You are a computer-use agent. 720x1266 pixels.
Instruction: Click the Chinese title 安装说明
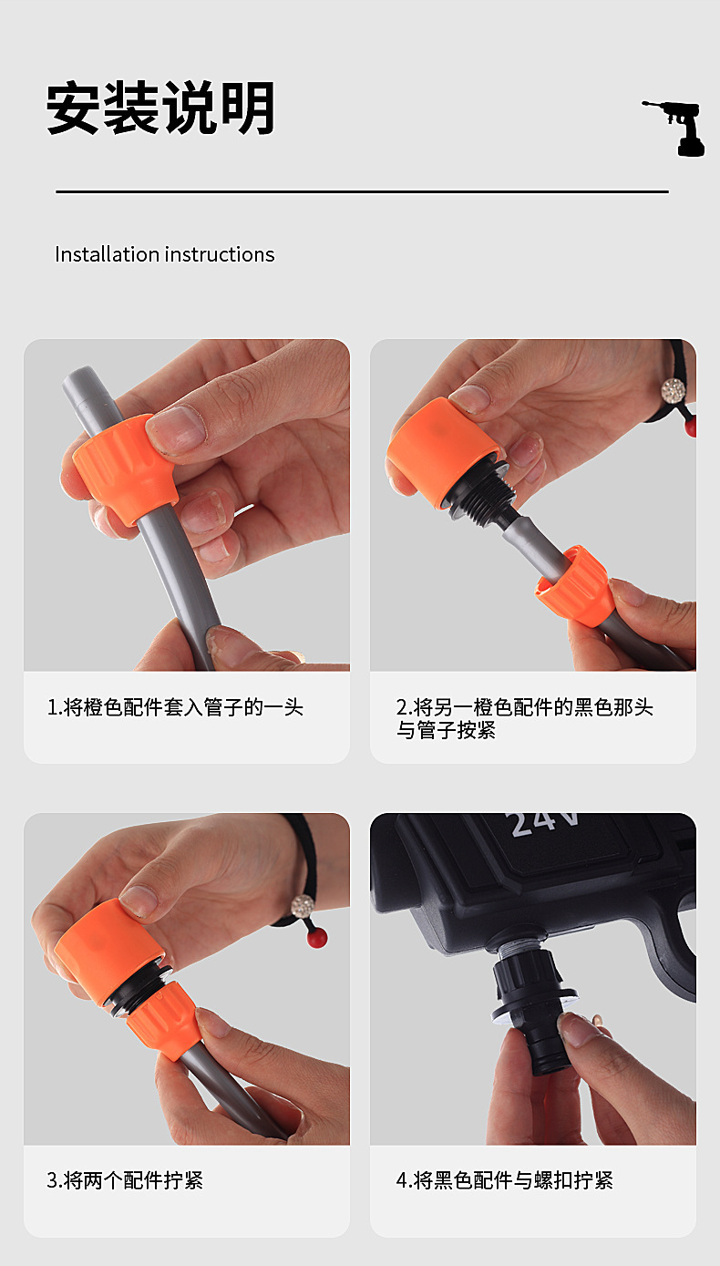[x=160, y=108]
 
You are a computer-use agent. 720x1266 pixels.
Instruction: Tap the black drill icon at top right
[x=674, y=129]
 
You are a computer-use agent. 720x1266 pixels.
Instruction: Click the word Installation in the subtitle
[x=107, y=254]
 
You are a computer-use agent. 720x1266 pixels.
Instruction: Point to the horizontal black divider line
[x=362, y=191]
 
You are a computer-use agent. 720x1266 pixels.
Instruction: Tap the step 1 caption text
[x=175, y=707]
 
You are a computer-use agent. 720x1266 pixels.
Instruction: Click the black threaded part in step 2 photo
[x=481, y=490]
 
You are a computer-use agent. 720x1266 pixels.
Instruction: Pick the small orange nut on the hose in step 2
[x=574, y=585]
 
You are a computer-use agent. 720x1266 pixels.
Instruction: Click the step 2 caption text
[x=524, y=718]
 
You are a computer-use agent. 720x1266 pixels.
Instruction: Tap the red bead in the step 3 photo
[x=317, y=939]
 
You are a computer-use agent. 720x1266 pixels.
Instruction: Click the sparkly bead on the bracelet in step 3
[x=302, y=907]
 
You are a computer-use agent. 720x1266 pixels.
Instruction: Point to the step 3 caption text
[x=125, y=1180]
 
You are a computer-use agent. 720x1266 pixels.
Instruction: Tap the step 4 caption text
[x=505, y=1180]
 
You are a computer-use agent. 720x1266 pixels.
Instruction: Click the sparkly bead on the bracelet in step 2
[x=674, y=390]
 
